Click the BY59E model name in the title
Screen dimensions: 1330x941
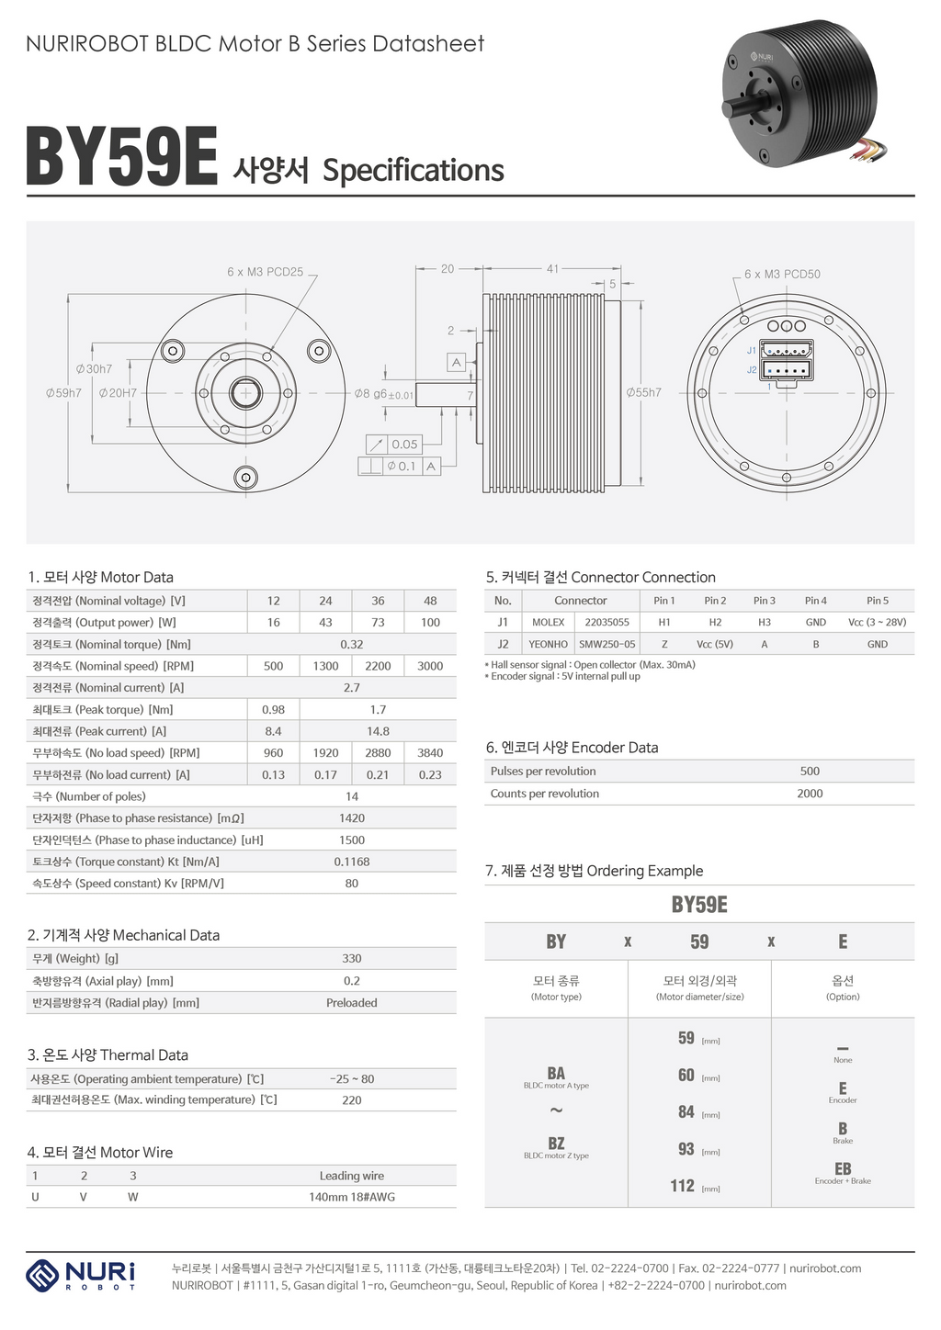(x=122, y=158)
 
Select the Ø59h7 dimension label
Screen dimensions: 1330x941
(x=63, y=393)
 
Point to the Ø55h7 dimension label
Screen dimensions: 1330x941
(x=643, y=393)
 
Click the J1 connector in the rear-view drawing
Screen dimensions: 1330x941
(x=788, y=350)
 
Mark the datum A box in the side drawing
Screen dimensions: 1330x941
(x=456, y=362)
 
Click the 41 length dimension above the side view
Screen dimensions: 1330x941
(x=552, y=269)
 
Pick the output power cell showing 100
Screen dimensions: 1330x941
(x=430, y=623)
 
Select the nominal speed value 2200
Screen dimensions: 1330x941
(x=378, y=666)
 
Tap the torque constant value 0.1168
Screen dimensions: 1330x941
(x=352, y=862)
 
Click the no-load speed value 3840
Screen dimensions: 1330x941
(x=430, y=752)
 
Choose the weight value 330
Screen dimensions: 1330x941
(x=352, y=958)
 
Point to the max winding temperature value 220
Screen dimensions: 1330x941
(x=352, y=1100)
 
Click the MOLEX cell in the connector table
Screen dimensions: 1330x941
(x=549, y=623)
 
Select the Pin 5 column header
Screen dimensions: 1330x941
(x=877, y=601)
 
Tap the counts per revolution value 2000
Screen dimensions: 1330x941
(x=810, y=794)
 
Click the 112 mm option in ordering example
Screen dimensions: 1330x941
(x=683, y=1186)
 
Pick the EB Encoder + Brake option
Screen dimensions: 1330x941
(x=843, y=1173)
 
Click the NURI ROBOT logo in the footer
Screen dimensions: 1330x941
(x=81, y=1276)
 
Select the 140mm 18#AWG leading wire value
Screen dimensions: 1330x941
(x=352, y=1197)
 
